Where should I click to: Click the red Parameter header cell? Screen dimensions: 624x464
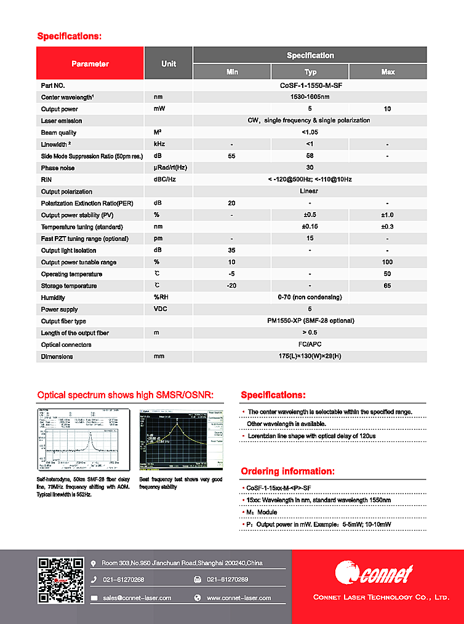(90, 64)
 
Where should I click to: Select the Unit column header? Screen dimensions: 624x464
(169, 64)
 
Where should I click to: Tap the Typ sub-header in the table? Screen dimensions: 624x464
(310, 72)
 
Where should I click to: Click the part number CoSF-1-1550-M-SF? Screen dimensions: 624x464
(310, 86)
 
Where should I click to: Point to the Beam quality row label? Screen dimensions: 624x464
(58, 133)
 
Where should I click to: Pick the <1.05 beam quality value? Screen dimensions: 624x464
(310, 133)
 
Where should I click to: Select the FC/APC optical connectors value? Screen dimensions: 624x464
(310, 345)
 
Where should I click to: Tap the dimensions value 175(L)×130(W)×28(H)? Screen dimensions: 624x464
(310, 357)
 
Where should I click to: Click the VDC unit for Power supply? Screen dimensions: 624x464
(160, 309)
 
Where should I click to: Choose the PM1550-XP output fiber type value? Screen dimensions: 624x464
(310, 321)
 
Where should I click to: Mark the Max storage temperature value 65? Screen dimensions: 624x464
(388, 286)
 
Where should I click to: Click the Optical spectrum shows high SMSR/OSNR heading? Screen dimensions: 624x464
(125, 395)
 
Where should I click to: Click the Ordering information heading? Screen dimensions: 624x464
(287, 472)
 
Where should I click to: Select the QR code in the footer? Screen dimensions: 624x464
(61, 580)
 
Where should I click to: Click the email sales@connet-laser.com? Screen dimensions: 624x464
(137, 598)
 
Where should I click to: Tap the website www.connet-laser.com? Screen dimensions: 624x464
(238, 598)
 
